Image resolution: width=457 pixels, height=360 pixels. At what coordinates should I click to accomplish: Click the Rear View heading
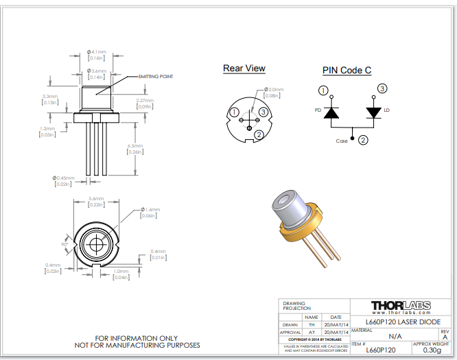(244, 68)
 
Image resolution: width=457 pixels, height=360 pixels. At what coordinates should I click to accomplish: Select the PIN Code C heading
(347, 71)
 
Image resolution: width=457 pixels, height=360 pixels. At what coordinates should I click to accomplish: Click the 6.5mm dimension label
(136, 145)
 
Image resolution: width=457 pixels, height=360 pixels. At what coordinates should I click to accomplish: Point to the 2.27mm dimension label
(145, 101)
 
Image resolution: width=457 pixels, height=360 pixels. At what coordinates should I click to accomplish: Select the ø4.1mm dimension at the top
(97, 51)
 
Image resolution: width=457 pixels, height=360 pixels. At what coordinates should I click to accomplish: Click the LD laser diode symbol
(374, 112)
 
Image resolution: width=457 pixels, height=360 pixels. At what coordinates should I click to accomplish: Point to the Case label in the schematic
(341, 141)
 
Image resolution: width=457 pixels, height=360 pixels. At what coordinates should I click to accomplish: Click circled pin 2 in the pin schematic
(363, 140)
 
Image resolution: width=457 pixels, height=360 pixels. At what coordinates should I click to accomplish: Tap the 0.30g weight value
(432, 350)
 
